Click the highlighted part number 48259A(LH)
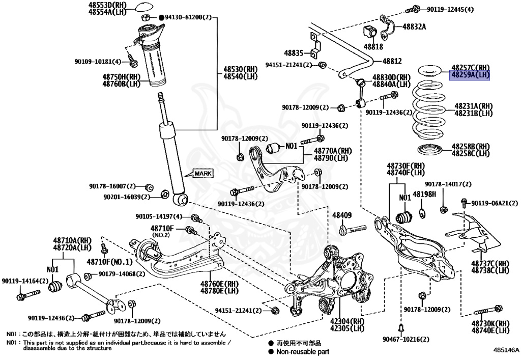coord(470,74)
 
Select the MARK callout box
coord(202,173)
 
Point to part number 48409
coord(342,215)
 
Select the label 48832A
coord(414,26)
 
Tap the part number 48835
coord(294,52)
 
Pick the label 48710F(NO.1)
coord(109,262)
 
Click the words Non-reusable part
coord(303,351)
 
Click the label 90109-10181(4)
coord(98,62)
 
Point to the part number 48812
coord(392,61)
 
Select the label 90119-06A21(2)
coord(490,203)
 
